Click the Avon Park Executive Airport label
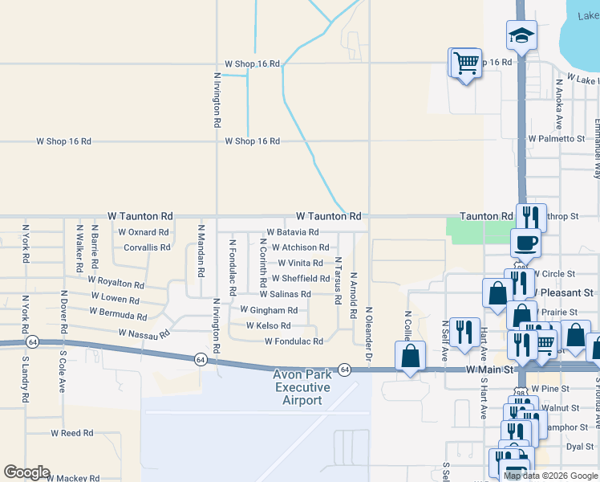[x=302, y=387]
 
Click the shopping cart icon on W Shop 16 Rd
[x=466, y=63]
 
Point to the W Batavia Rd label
[x=293, y=232]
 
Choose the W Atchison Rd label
[x=300, y=247]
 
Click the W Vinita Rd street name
[x=300, y=263]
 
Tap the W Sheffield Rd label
[x=301, y=279]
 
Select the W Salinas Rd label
[x=284, y=295]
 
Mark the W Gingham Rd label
[x=269, y=310]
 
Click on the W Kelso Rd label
[x=268, y=325]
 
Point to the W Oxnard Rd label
[x=143, y=232]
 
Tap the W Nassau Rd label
[x=144, y=333]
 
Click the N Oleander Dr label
[x=369, y=331]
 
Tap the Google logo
[x=26, y=472]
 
